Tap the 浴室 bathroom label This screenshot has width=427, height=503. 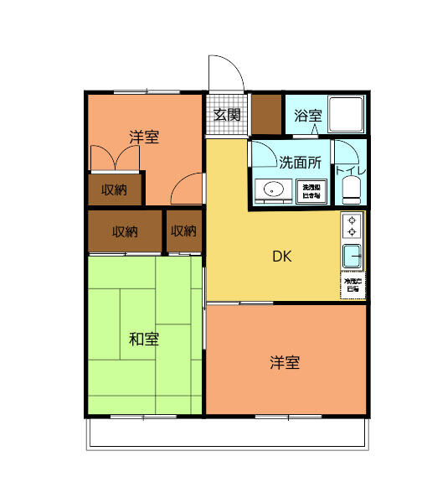(307, 116)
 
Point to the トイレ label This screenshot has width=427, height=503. (349, 170)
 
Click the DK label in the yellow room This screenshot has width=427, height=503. (281, 257)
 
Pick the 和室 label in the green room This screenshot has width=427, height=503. (144, 339)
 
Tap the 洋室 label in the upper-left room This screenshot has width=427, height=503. (144, 137)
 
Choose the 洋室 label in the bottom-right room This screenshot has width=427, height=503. (285, 362)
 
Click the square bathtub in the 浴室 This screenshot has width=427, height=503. (346, 113)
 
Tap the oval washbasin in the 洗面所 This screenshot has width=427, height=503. (274, 190)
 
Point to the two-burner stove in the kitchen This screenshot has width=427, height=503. (352, 226)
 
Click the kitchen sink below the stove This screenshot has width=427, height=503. (352, 257)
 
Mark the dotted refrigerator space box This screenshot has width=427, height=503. (352, 285)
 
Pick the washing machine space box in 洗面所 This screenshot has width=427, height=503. (311, 191)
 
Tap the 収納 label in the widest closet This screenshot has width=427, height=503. (126, 231)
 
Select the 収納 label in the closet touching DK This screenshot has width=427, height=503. (183, 231)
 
